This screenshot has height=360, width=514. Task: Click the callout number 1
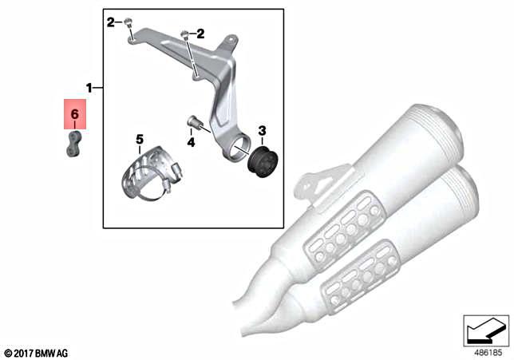point(90,85)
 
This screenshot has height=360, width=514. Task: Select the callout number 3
point(260,130)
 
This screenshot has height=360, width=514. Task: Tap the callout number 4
point(191,142)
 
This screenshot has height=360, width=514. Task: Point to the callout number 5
point(139,139)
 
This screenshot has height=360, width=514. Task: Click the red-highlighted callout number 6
point(74,115)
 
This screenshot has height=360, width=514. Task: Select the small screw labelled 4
point(192,121)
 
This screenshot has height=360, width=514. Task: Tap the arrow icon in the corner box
point(486,327)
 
